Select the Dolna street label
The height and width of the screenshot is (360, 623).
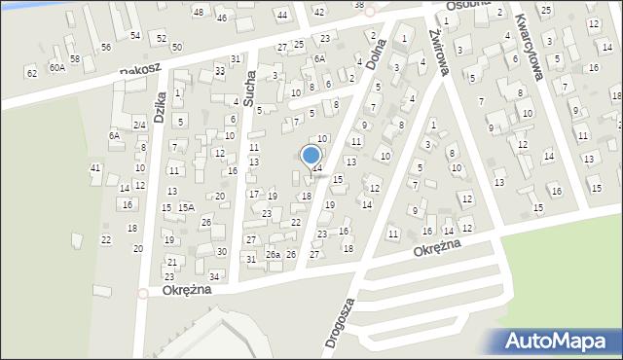tap(381, 56)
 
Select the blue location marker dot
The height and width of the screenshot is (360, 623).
tap(311, 155)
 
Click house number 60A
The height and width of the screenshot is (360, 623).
tap(57, 67)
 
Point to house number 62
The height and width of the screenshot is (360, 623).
tap(31, 73)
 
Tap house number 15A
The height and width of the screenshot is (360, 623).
tap(186, 207)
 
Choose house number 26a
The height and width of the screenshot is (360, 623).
tap(274, 255)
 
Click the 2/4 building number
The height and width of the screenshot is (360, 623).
tap(139, 125)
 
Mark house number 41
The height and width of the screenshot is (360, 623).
tap(95, 168)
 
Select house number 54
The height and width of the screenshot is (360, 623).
tap(135, 36)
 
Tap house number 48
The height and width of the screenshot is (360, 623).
tap(199, 12)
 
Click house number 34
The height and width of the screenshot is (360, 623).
tap(214, 277)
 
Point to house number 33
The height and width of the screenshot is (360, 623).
tap(220, 71)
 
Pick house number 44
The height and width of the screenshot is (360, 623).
tap(282, 15)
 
